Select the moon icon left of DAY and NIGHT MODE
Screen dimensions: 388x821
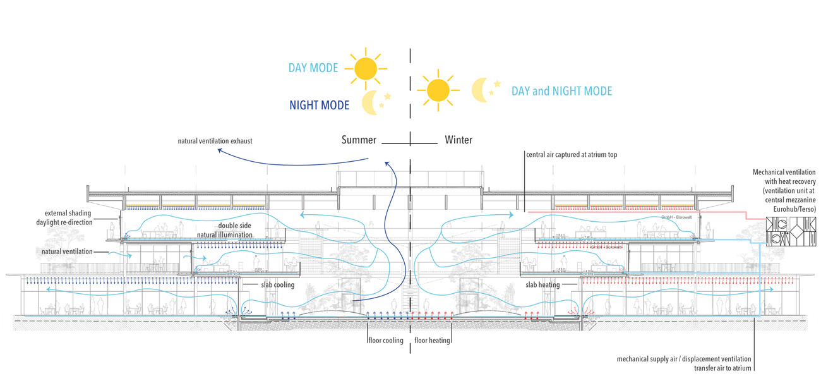pos(484,90)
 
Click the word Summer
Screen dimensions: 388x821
pos(359,140)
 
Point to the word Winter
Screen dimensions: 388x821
pos(458,140)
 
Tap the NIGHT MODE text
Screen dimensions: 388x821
pos(319,105)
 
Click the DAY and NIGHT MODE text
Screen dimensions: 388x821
pos(561,91)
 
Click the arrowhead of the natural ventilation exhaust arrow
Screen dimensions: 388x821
pos(218,151)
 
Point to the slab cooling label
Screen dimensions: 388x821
pos(278,285)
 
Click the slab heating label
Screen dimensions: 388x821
pos(543,285)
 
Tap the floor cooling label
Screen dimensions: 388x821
pos(385,341)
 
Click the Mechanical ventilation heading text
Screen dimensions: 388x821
pos(785,173)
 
